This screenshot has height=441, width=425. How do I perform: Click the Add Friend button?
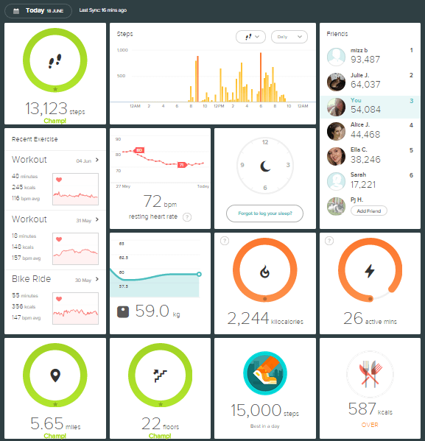(x=369, y=211)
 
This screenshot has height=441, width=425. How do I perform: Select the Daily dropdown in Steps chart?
(x=289, y=37)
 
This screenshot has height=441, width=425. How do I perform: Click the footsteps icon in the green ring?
(x=55, y=62)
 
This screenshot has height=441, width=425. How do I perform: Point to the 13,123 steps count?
(x=46, y=109)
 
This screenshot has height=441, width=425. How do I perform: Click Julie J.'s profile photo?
(x=336, y=80)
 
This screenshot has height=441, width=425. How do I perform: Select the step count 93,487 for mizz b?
(x=365, y=60)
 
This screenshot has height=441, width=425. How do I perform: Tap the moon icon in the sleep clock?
(x=265, y=166)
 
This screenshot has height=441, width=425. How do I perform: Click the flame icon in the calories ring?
(x=265, y=271)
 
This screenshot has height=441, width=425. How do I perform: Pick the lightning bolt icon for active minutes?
(x=370, y=271)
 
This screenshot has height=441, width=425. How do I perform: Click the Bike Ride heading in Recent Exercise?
(x=32, y=279)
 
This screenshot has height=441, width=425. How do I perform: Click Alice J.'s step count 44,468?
(x=365, y=134)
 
